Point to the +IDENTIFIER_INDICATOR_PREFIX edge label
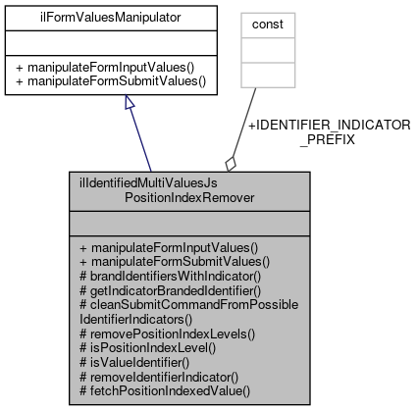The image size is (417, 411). (328, 132)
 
